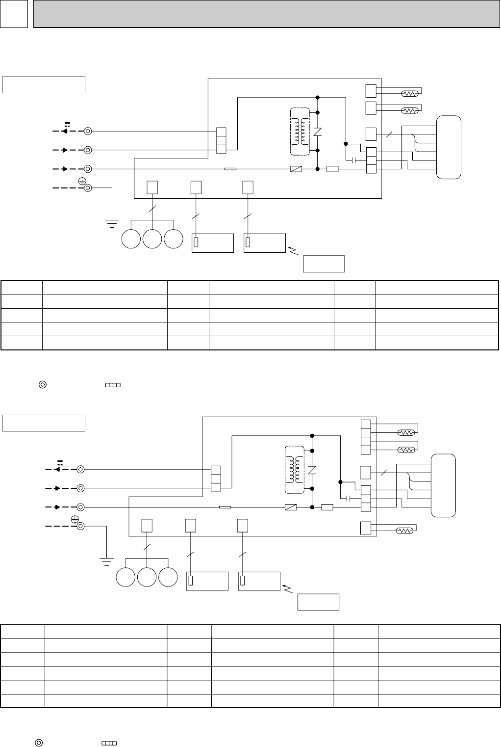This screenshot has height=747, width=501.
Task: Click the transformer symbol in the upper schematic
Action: tap(301, 132)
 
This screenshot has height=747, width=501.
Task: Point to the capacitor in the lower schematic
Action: tap(349, 499)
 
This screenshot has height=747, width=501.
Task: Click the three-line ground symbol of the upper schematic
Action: tap(112, 223)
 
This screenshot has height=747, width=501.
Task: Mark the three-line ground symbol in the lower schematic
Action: tap(106, 561)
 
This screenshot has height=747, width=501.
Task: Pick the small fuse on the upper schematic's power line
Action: tap(230, 169)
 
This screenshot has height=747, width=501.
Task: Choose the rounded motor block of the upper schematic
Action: tap(449, 147)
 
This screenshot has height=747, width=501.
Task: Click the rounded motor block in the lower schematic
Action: tap(443, 485)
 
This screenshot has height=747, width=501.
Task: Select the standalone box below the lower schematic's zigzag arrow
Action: tap(319, 602)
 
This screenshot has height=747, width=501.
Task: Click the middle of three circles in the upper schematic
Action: tap(152, 239)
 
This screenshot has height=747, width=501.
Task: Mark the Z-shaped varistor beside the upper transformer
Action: tap(318, 132)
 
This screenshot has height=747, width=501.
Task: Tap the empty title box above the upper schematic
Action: tap(44, 84)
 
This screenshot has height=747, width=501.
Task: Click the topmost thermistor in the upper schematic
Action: tap(409, 93)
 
